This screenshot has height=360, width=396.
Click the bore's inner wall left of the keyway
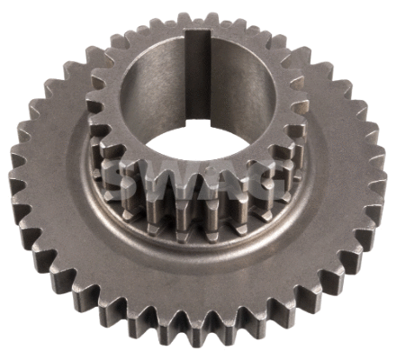point(148,99)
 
